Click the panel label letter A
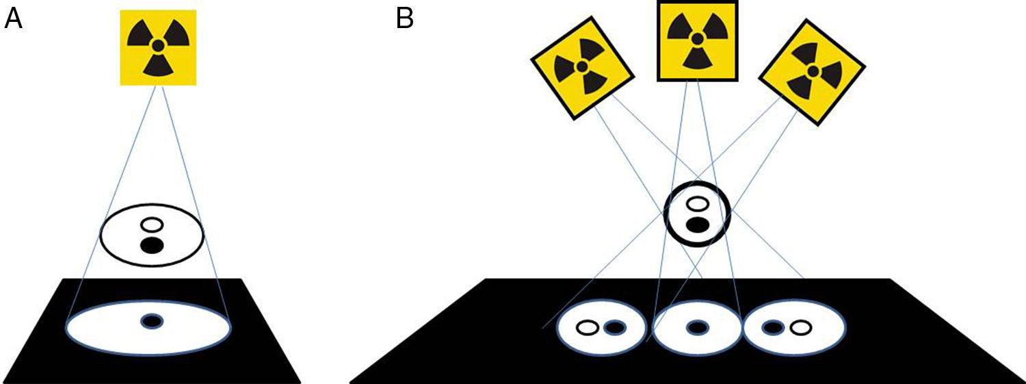[14, 18]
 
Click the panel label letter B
[405, 18]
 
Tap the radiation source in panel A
[158, 47]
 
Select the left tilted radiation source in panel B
[582, 67]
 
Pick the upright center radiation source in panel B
[696, 40]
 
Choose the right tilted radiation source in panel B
[812, 71]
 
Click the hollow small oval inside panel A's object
[151, 224]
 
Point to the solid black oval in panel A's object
[151, 245]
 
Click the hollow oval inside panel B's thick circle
[697, 204]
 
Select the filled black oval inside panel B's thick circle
[697, 224]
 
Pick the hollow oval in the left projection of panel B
[587, 328]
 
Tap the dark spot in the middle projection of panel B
[697, 328]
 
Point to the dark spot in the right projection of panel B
[774, 328]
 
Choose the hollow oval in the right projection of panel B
[800, 328]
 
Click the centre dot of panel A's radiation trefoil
[158, 46]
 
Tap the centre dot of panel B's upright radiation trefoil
[696, 38]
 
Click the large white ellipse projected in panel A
[103, 329]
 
